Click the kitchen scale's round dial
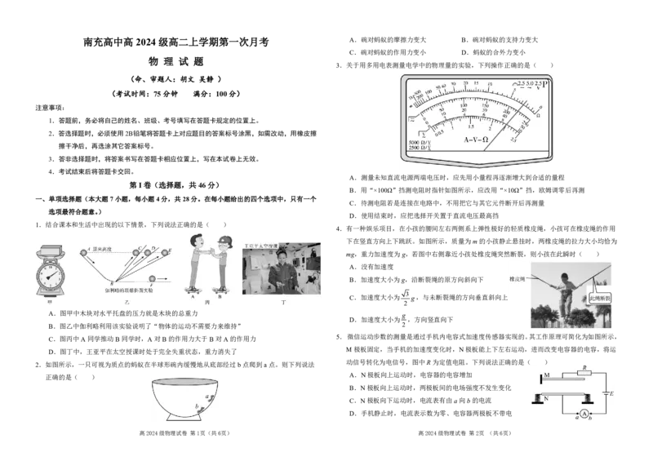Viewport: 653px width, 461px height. pyautogui.click(x=53, y=276)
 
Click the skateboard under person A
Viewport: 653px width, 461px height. pyautogui.click(x=193, y=290)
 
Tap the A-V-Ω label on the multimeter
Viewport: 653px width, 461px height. pyautogui.click(x=476, y=140)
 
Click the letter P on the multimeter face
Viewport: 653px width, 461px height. pyautogui.click(x=545, y=83)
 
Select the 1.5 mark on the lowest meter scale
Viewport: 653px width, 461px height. pyautogui.click(x=470, y=127)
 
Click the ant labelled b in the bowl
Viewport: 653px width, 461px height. pyautogui.click(x=197, y=407)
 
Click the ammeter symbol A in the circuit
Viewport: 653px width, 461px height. pyautogui.click(x=584, y=414)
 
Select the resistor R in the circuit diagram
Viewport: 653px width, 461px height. pyautogui.click(x=584, y=372)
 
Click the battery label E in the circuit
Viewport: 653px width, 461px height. pyautogui.click(x=611, y=394)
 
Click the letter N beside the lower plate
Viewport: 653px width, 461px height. pyautogui.click(x=547, y=397)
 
